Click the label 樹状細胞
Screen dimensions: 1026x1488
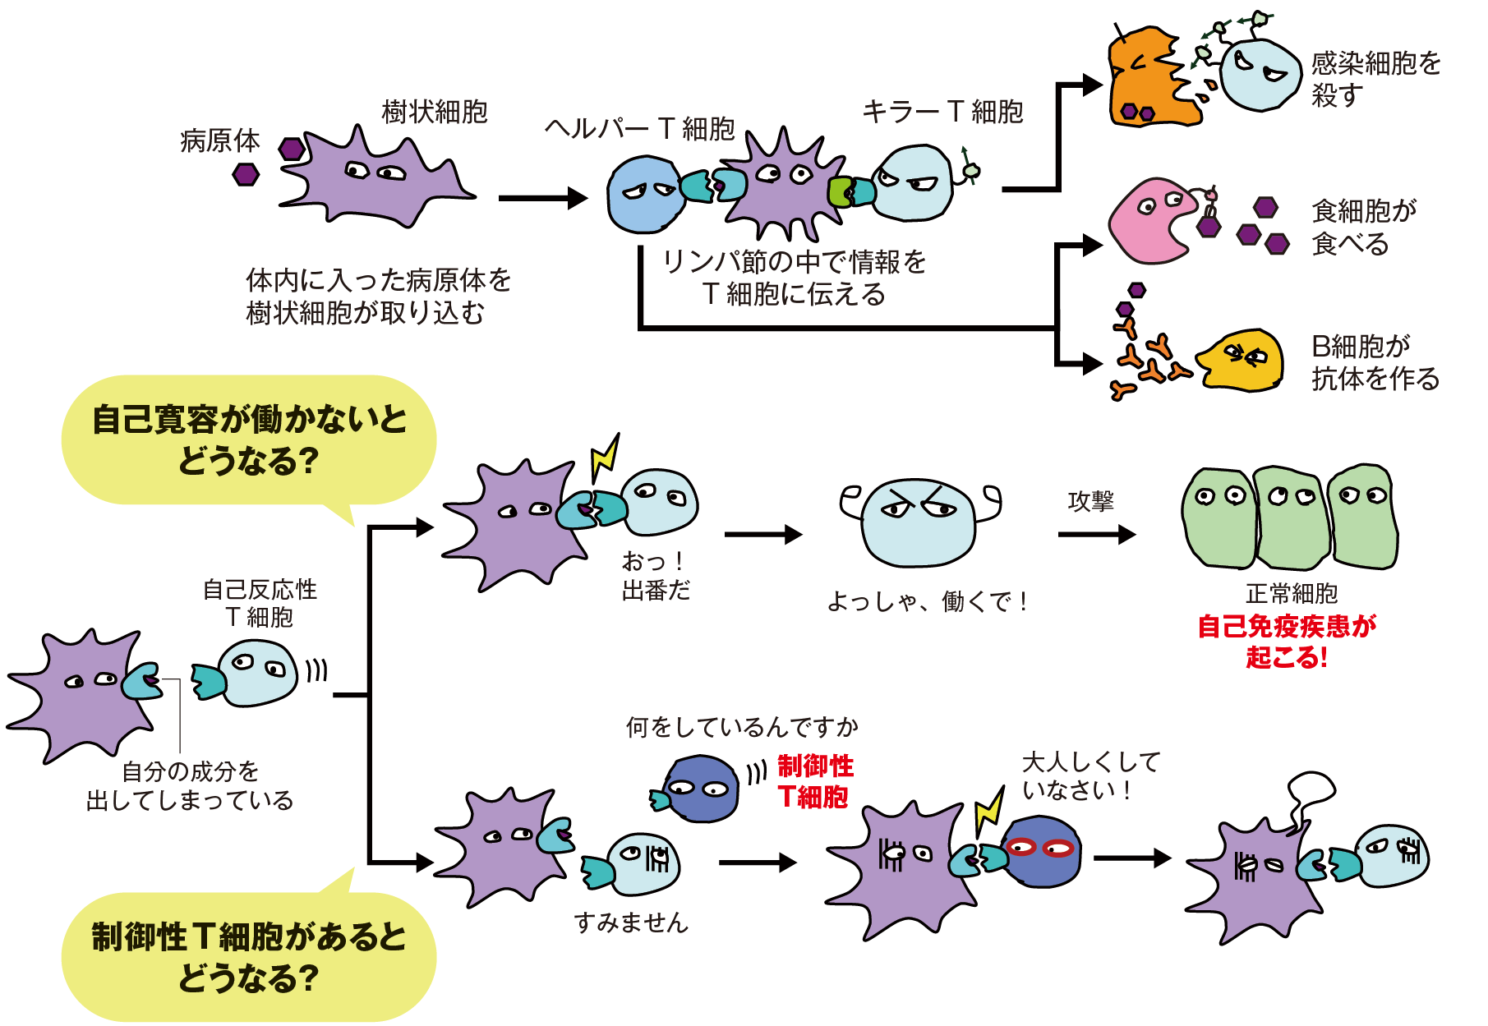435,112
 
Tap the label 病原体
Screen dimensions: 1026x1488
219,140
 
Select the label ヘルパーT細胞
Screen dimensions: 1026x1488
639,128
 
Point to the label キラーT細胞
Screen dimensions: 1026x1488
942,111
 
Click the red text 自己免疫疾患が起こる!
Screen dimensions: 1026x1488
1287,642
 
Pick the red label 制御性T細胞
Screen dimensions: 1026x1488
814,781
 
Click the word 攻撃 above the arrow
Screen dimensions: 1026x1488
1090,501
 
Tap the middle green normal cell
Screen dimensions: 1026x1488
1292,518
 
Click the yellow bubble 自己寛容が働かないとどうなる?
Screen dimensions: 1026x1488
249,440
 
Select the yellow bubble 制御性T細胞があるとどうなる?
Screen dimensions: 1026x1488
249,957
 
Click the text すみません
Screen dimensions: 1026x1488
630,922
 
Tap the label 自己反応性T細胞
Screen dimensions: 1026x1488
260,603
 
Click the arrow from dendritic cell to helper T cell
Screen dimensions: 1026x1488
542,198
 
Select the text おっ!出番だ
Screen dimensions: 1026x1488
655,576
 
